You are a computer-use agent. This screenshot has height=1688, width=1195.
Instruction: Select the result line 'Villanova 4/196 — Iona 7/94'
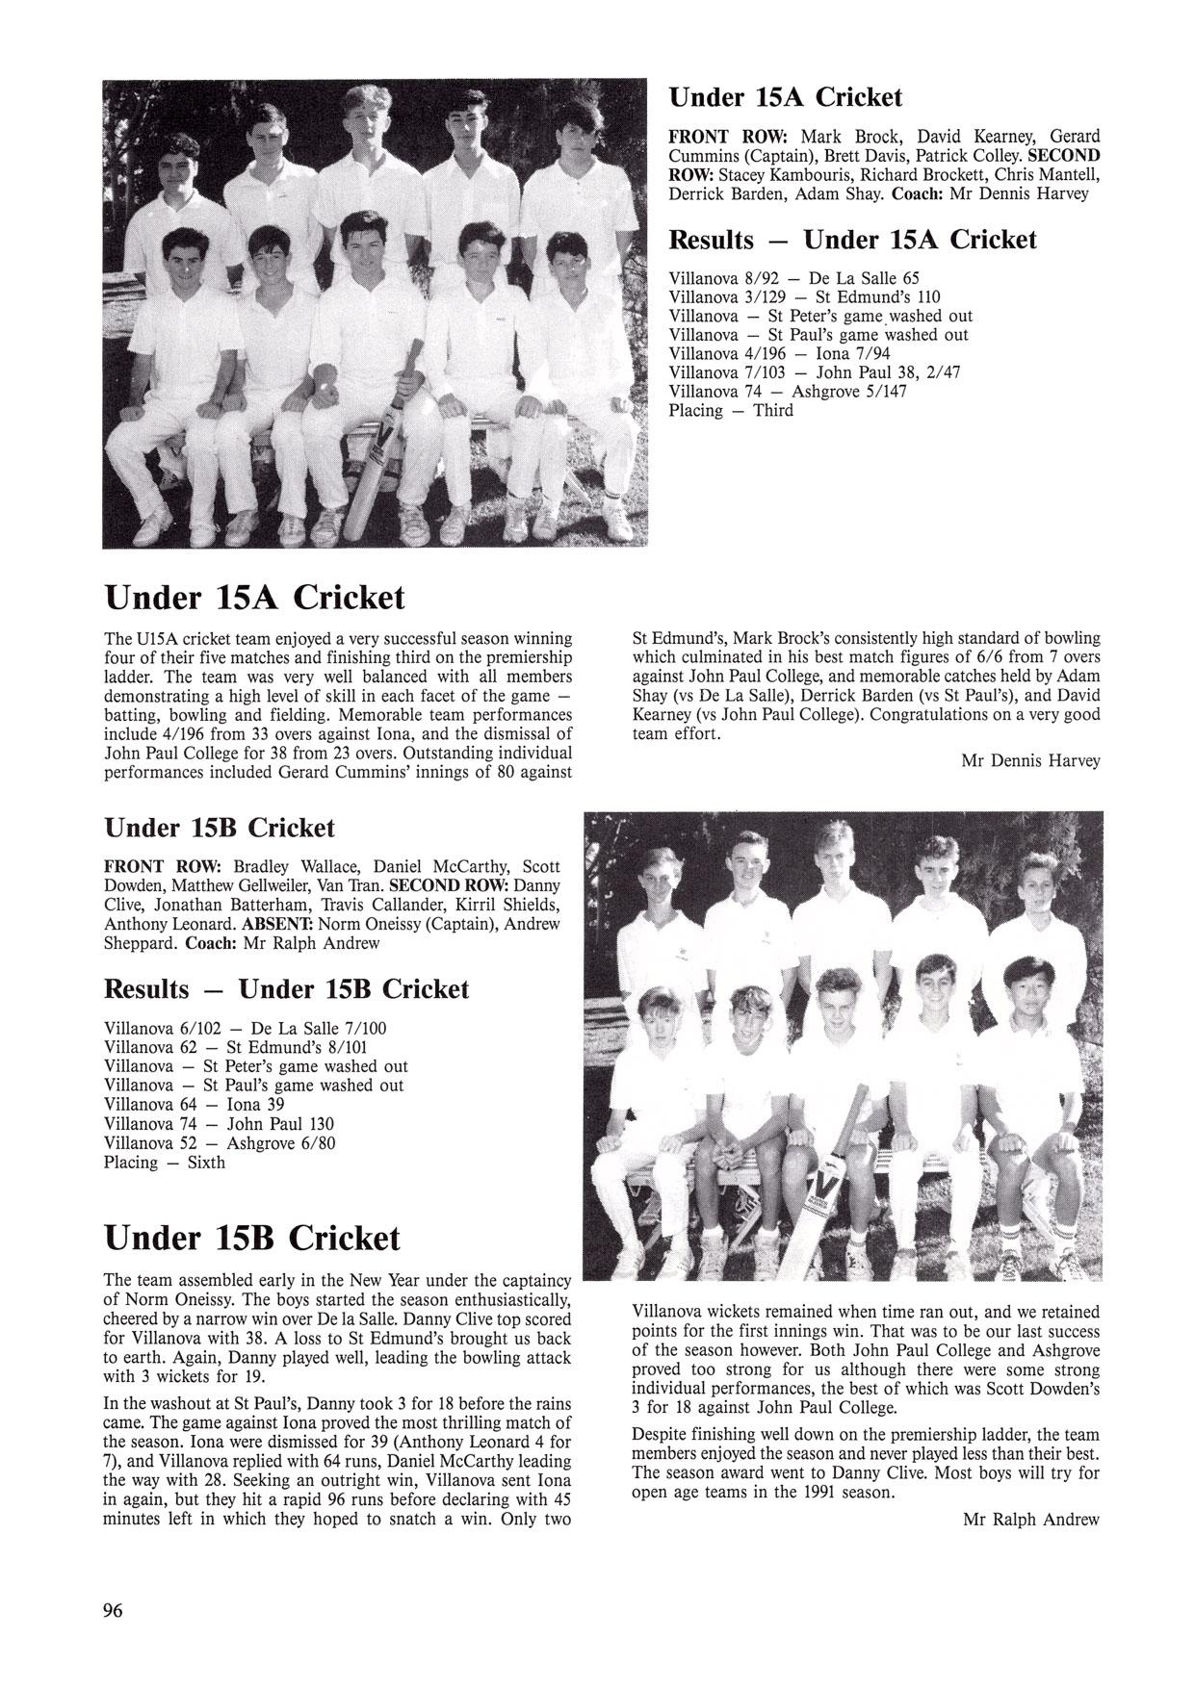coord(780,353)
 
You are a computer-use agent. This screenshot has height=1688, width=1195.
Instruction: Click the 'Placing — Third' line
coord(731,411)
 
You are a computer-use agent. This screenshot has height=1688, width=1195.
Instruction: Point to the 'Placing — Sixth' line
coord(165,1163)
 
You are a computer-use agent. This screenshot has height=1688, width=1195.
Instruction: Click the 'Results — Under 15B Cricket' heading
coord(286,989)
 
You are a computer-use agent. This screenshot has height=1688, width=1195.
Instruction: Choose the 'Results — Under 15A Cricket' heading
coord(852,240)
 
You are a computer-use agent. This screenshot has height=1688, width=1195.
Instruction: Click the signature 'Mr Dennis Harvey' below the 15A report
coord(1030,761)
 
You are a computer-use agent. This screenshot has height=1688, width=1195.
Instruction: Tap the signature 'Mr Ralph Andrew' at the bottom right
coord(1030,1520)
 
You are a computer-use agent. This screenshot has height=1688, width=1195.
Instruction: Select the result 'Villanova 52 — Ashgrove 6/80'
coord(220,1143)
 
